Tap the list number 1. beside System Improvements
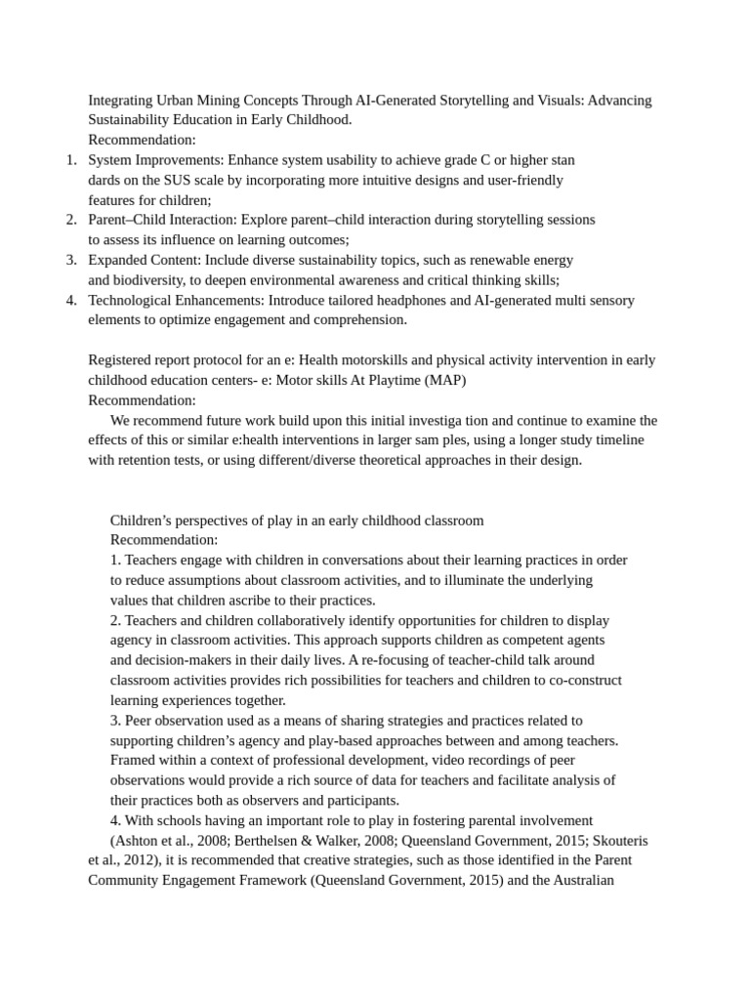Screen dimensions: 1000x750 (x=71, y=159)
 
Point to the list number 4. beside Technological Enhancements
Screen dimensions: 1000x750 (x=71, y=300)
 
